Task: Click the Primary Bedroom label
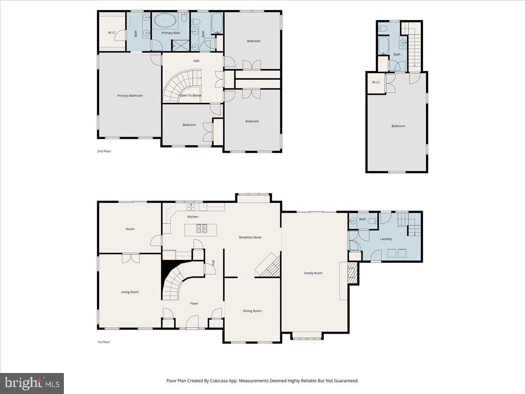click(130, 95)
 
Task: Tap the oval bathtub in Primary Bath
click(164, 20)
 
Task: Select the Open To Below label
click(190, 95)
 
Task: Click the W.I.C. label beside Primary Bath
click(112, 33)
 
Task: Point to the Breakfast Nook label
click(250, 237)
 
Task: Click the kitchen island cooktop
click(202, 228)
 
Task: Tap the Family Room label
click(313, 273)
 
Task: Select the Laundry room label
click(386, 239)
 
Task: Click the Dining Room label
click(252, 311)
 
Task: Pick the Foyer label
click(194, 303)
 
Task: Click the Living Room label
click(130, 292)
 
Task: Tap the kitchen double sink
click(191, 206)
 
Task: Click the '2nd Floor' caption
click(104, 151)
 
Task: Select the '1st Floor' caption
click(103, 342)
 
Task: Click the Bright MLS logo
click(32, 383)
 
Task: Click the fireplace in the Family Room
click(353, 274)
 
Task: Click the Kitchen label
click(192, 217)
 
